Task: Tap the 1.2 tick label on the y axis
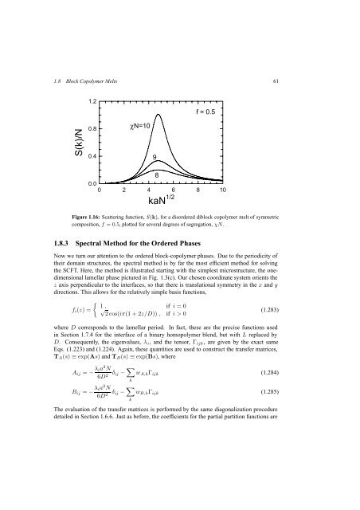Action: coord(92,102)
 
